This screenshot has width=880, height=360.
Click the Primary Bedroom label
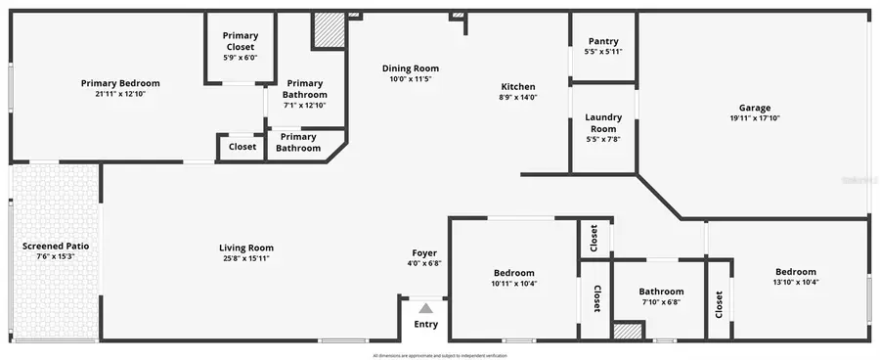(x=119, y=83)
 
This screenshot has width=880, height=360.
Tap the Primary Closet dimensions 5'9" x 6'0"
(x=240, y=58)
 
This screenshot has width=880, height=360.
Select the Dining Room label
(x=410, y=68)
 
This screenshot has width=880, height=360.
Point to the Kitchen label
(x=517, y=86)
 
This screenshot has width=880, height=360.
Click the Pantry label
(x=602, y=41)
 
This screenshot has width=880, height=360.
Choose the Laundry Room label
(x=602, y=122)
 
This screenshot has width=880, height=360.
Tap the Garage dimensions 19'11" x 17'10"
(x=754, y=118)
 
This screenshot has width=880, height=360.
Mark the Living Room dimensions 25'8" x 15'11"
(x=245, y=258)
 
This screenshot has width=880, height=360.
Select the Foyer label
(x=423, y=252)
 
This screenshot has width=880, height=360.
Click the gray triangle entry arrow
(x=425, y=308)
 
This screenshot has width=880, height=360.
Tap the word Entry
(x=426, y=325)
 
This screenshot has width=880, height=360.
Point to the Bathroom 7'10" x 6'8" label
(x=661, y=291)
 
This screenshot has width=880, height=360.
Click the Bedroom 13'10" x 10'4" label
(x=795, y=272)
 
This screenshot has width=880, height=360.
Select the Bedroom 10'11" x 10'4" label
(x=513, y=273)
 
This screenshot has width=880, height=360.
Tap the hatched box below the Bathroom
(x=628, y=331)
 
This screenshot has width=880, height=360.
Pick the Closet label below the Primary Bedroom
(x=242, y=147)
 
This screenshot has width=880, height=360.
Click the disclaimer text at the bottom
(x=440, y=355)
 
